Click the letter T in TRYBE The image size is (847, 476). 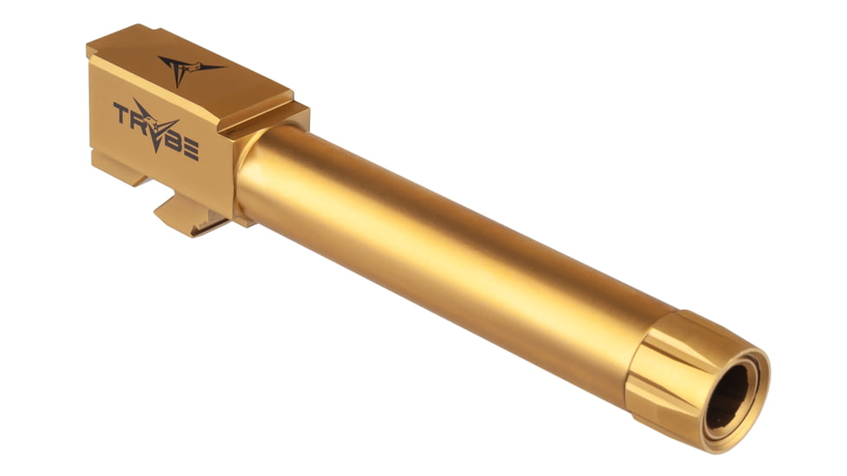[x=121, y=113]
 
